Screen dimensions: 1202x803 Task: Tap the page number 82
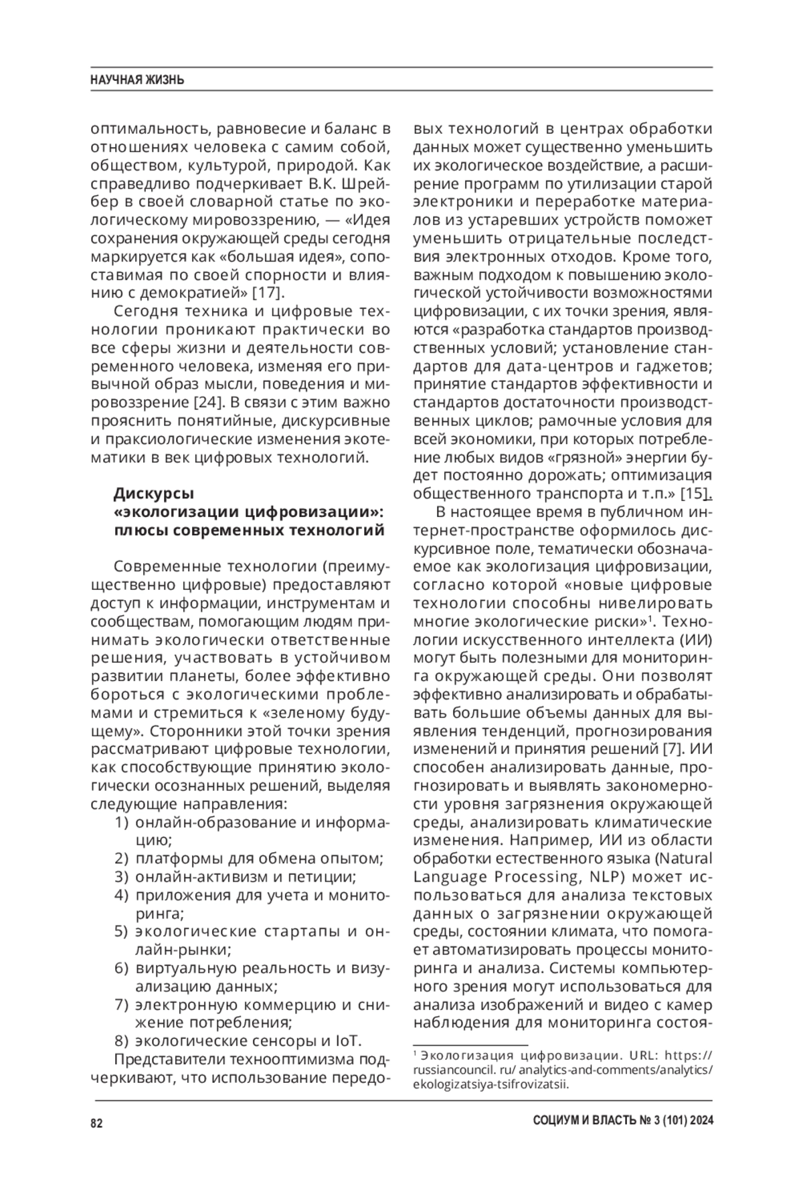(x=96, y=1123)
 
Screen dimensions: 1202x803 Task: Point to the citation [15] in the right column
(x=694, y=494)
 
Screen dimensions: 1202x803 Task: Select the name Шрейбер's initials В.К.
(x=325, y=183)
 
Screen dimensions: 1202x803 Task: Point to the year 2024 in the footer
(x=699, y=1122)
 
